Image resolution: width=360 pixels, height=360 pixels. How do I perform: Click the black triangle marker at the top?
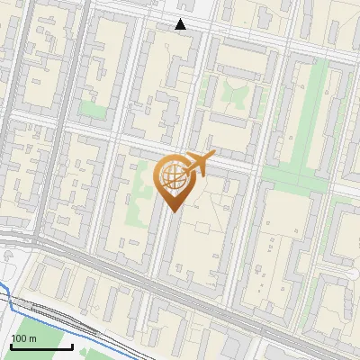click(181, 24)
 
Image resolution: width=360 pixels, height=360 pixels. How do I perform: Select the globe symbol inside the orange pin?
click(173, 177)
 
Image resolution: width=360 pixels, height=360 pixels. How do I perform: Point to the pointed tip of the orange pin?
click(173, 211)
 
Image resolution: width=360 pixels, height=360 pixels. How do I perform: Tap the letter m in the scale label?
click(33, 338)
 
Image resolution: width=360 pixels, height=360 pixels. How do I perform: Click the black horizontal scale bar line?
click(40, 346)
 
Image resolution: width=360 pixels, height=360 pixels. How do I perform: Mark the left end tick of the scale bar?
click(10, 345)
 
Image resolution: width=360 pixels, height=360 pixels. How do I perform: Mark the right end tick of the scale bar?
click(72, 345)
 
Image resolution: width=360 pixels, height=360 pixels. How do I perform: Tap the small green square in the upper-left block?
click(91, 109)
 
